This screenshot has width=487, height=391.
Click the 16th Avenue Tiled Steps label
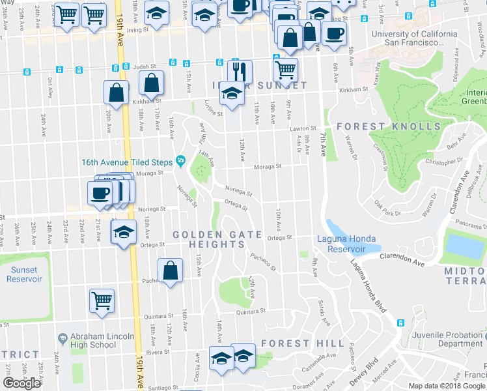(128, 162)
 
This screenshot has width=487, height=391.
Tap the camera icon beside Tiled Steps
(180, 162)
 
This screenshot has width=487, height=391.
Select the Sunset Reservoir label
(24, 274)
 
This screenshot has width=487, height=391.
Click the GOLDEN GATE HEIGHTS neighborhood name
(217, 239)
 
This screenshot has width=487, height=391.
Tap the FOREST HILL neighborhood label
(302, 343)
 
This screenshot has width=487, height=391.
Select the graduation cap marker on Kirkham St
(231, 93)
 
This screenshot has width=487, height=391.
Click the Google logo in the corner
(22, 383)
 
